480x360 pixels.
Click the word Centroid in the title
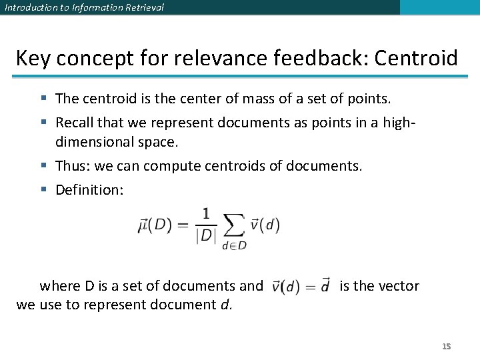point(416,58)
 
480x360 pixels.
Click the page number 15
point(447,346)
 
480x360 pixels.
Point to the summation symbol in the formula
point(233,226)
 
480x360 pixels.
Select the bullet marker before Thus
point(43,166)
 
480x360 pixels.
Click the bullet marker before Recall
point(43,123)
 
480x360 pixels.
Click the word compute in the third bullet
point(175,165)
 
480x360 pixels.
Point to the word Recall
point(74,123)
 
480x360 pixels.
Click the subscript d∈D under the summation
point(233,245)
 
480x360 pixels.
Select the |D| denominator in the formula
point(205,236)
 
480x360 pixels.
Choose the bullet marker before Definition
point(43,191)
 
